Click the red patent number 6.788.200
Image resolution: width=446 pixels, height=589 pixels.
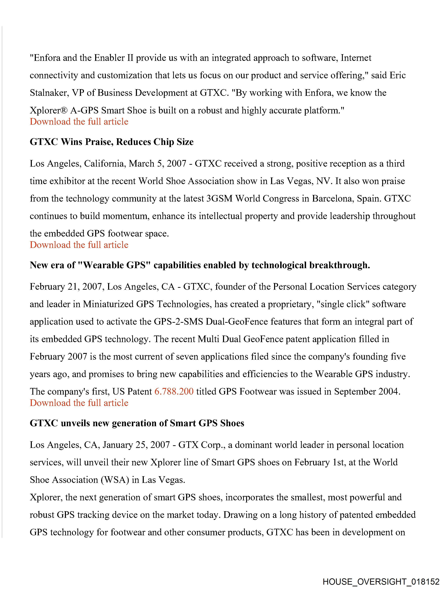(x=174, y=391)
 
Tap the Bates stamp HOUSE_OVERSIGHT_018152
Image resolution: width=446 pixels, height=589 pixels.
(x=381, y=581)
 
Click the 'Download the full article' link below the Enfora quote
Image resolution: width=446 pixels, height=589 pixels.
(x=79, y=122)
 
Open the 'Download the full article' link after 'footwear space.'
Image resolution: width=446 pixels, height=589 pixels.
(x=79, y=245)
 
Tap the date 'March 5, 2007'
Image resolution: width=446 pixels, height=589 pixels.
(x=157, y=163)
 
